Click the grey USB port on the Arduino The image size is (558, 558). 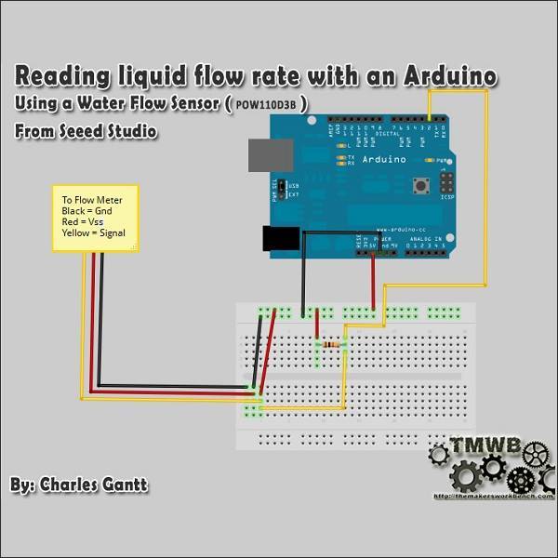click(270, 155)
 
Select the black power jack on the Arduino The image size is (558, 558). click(280, 240)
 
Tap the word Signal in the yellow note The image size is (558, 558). click(107, 233)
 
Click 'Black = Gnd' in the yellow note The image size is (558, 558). click(86, 211)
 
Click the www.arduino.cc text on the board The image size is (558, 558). click(403, 226)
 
